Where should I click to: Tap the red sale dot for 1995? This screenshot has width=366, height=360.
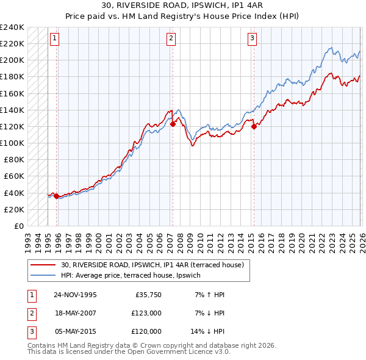(x=57, y=196)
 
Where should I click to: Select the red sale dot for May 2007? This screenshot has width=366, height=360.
(x=173, y=124)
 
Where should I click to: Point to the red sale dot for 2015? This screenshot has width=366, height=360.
(x=254, y=126)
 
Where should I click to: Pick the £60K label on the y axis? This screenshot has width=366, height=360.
(x=14, y=176)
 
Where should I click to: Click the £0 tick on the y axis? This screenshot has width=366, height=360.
(x=18, y=226)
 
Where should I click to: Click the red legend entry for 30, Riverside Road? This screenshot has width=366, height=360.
(x=152, y=265)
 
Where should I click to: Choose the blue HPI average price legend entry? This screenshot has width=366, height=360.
(x=135, y=275)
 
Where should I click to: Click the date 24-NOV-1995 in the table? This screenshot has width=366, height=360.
(x=76, y=295)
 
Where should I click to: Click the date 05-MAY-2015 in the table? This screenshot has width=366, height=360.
(x=76, y=331)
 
